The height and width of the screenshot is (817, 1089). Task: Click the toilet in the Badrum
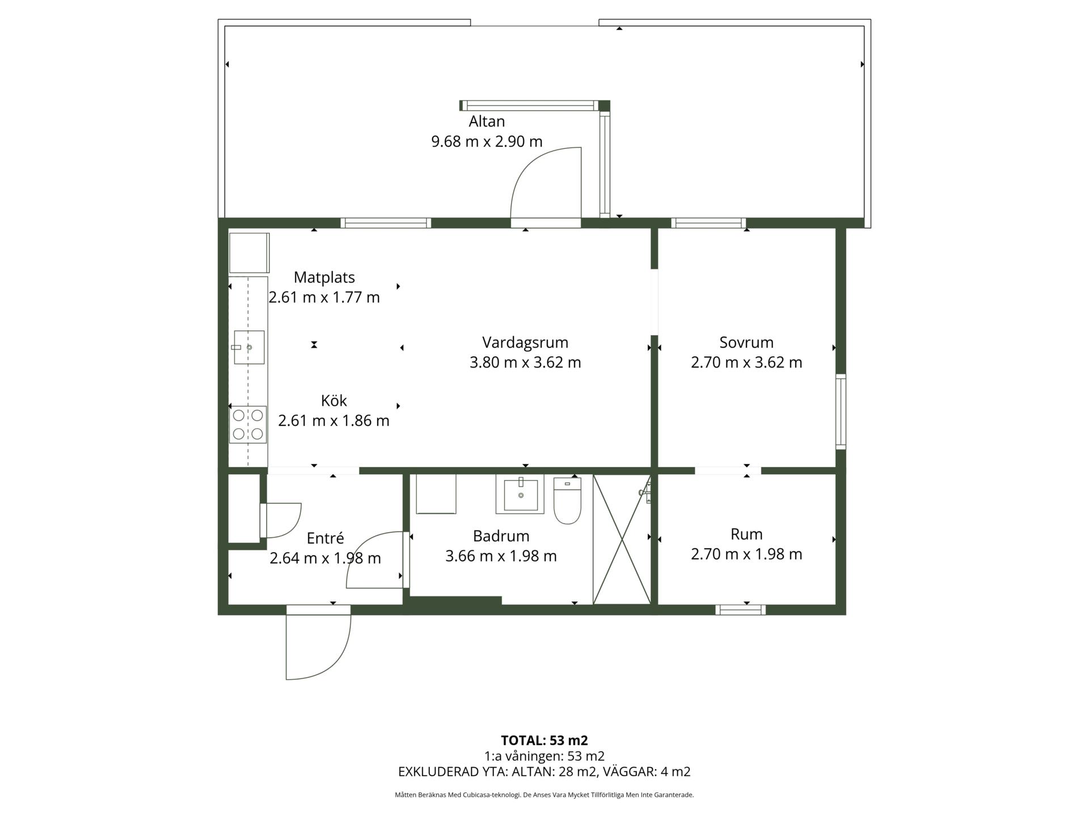[567, 500]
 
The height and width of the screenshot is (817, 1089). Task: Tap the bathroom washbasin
[520, 494]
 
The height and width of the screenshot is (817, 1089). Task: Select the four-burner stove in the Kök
[248, 424]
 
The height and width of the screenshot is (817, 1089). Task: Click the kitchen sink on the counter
[248, 347]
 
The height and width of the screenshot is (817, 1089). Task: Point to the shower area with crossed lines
[622, 540]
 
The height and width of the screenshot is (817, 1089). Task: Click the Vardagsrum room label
[525, 342]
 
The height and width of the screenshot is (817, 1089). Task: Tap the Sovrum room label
[746, 342]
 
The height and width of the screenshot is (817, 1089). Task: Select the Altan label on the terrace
[487, 121]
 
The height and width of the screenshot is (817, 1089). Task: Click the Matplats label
[324, 277]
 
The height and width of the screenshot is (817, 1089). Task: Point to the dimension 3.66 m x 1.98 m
[501, 556]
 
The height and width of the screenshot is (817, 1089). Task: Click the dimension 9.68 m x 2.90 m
[487, 141]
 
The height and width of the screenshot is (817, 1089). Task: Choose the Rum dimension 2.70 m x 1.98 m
[746, 554]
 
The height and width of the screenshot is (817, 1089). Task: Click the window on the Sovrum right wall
[841, 411]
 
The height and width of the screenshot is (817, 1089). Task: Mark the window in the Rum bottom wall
[740, 610]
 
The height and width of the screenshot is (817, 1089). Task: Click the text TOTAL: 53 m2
[544, 740]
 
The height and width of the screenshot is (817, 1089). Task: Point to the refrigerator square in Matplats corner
[249, 252]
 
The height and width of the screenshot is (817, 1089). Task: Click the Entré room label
[325, 538]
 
